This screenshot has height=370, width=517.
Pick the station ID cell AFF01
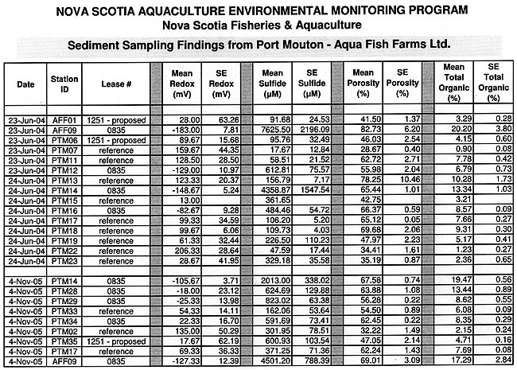point(64,118)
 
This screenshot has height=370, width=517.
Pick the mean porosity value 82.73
point(363,127)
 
